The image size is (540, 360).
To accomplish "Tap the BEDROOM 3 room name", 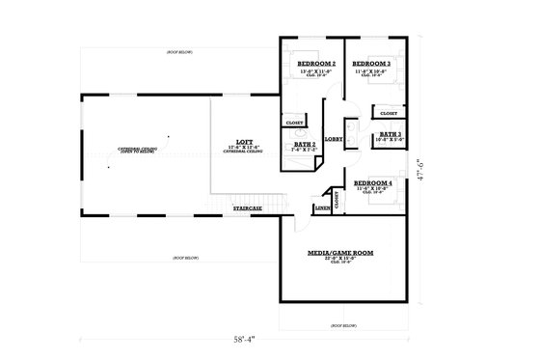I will point(371,64).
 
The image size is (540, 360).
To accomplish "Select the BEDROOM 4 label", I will point(372,182).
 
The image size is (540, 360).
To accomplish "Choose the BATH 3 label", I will point(391,134).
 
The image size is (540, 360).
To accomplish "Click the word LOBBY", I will point(333,139).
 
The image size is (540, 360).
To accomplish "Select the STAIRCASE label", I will point(248,208).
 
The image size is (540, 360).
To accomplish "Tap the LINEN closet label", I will point(322,208).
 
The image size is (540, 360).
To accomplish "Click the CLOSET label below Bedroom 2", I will point(294,123).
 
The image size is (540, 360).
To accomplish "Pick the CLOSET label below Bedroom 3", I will point(390,113).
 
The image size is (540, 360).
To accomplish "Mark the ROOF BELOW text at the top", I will point(180,50).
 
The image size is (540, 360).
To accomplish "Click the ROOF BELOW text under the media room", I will point(344,326).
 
